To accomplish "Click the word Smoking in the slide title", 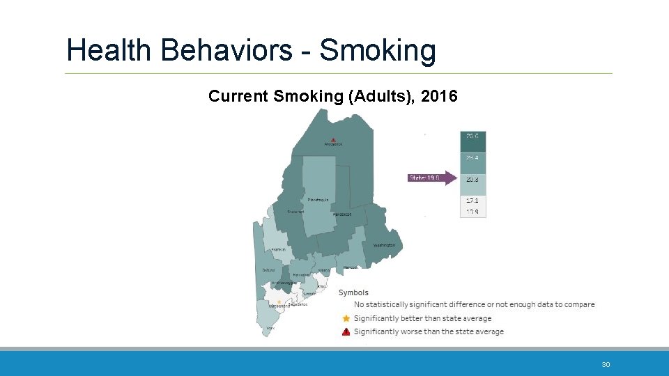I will point(378,52).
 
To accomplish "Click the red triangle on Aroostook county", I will point(333,138).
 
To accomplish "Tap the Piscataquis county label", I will point(318,200).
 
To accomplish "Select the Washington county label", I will point(383,245).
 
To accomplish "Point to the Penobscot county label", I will point(341,214).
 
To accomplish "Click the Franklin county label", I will point(277,249).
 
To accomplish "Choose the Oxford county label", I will point(268,270).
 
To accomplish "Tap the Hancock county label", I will point(350,267).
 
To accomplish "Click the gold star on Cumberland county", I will point(279,301).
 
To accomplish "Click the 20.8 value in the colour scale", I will point(472,179).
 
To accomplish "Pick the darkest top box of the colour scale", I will point(472,141).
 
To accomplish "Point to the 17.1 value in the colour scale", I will point(472,201).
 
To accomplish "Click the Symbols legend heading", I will point(353,292).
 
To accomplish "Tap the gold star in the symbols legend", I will point(346,318).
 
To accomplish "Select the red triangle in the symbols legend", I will point(346,331).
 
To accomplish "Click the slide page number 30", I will point(606,365).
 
